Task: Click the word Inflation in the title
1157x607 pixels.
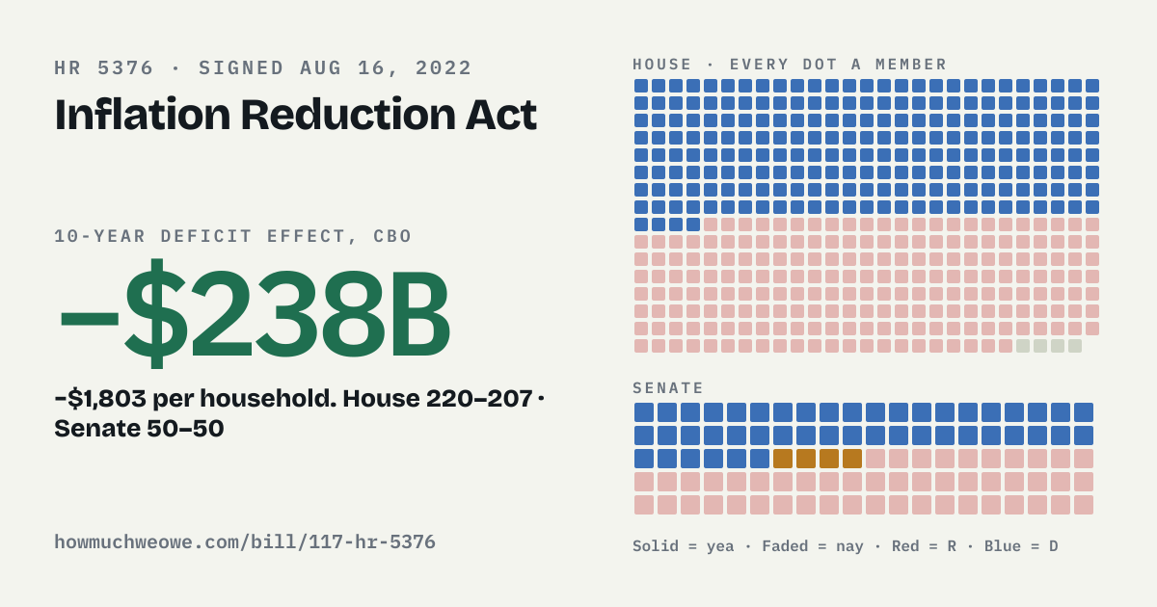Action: (x=143, y=114)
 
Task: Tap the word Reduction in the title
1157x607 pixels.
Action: (x=349, y=114)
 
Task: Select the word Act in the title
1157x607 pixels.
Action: (x=501, y=115)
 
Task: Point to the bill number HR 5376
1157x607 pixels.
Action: (x=104, y=68)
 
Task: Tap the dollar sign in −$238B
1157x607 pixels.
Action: (x=156, y=313)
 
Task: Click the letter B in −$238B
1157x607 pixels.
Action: (x=420, y=314)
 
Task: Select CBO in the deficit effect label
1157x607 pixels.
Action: (x=392, y=236)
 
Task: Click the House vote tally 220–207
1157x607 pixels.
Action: (x=479, y=399)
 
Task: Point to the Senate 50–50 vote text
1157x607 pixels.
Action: (x=139, y=429)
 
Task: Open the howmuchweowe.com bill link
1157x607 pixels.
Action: (x=245, y=542)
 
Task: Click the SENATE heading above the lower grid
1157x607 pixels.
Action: (x=668, y=387)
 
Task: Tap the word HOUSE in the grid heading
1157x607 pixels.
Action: (x=662, y=65)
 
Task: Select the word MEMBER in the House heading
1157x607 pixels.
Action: (x=910, y=65)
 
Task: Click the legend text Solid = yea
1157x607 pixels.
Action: (x=683, y=546)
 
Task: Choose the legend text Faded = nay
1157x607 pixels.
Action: (x=813, y=546)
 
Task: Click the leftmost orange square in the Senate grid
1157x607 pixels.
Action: (x=783, y=459)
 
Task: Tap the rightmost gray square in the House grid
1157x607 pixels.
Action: (x=1075, y=346)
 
